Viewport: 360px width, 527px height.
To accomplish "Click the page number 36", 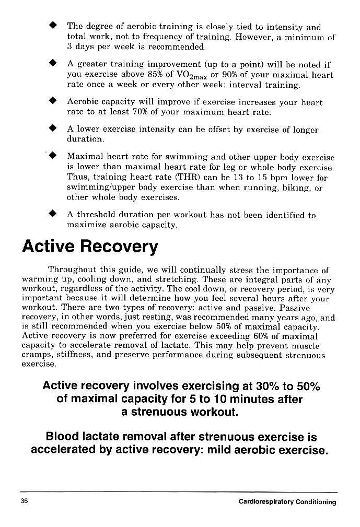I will click(25, 502).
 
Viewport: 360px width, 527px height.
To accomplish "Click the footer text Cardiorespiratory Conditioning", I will click(287, 502).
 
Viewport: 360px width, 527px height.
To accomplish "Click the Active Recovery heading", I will click(89, 247).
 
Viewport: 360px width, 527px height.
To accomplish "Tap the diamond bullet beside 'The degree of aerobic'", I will click(52, 25).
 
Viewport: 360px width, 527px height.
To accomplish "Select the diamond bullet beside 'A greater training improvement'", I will click(52, 64).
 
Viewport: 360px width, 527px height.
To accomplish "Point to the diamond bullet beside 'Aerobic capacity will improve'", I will click(52, 102).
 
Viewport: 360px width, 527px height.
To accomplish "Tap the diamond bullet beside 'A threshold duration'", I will click(52, 214).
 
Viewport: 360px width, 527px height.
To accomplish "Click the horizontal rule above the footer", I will click(179, 491).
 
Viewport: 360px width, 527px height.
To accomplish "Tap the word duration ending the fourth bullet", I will click(85, 139).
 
